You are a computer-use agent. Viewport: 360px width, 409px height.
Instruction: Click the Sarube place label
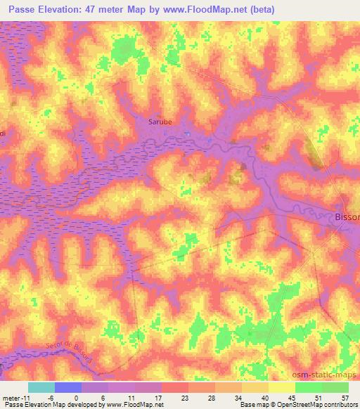160,122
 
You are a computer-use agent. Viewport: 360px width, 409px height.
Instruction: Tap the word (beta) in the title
259,10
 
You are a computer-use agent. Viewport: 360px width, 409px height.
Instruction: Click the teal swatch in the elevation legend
41,387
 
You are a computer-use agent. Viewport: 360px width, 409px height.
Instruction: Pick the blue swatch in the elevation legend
67,387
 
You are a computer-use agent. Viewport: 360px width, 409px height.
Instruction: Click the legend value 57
344,397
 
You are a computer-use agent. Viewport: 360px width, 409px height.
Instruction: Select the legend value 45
290,397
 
